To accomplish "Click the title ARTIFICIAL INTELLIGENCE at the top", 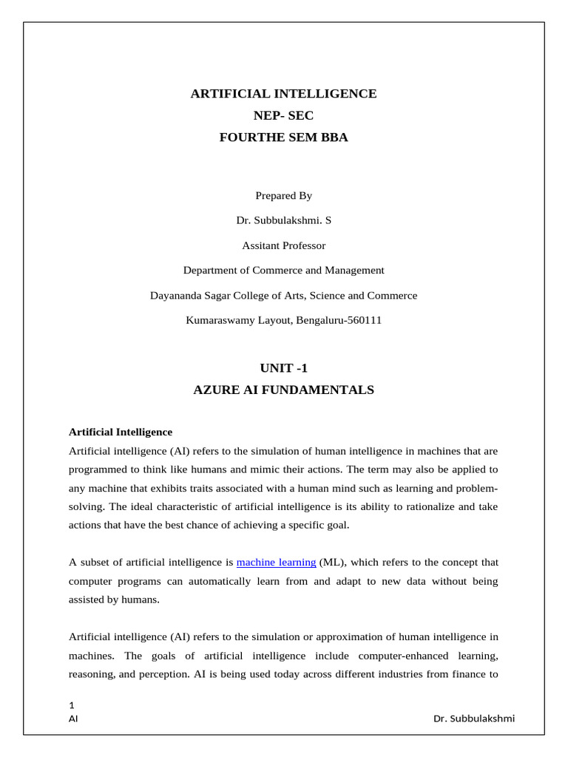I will (x=283, y=94).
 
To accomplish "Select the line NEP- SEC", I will (x=283, y=115).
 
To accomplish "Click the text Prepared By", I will (x=283, y=196).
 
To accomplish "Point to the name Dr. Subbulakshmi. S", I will (x=283, y=220).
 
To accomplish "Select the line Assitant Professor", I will (x=283, y=245).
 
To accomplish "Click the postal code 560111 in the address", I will (x=363, y=321).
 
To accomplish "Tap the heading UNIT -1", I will (x=283, y=367).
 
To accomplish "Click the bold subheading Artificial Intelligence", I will (x=120, y=432).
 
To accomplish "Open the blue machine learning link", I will (x=276, y=563).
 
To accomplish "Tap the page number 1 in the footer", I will (x=71, y=705).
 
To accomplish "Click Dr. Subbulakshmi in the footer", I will (x=474, y=719).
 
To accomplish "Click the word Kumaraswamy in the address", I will (x=216, y=321).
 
